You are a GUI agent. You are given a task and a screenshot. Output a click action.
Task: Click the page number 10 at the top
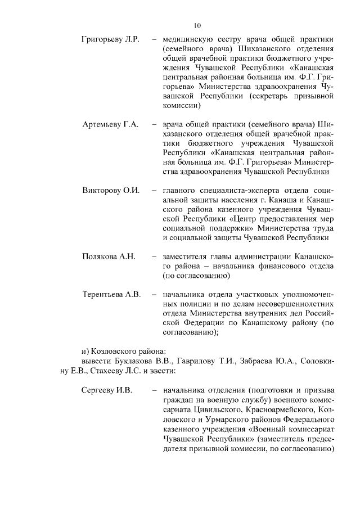pos(197,25)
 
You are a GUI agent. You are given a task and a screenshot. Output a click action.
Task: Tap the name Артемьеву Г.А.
pos(110,124)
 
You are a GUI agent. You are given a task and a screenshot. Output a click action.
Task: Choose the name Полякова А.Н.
pos(109,256)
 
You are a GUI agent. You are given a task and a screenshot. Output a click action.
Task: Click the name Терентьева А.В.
pos(111,294)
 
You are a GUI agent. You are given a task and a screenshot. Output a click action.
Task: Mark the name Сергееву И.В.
pos(106,389)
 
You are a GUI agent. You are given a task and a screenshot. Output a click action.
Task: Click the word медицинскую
pos(188,40)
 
